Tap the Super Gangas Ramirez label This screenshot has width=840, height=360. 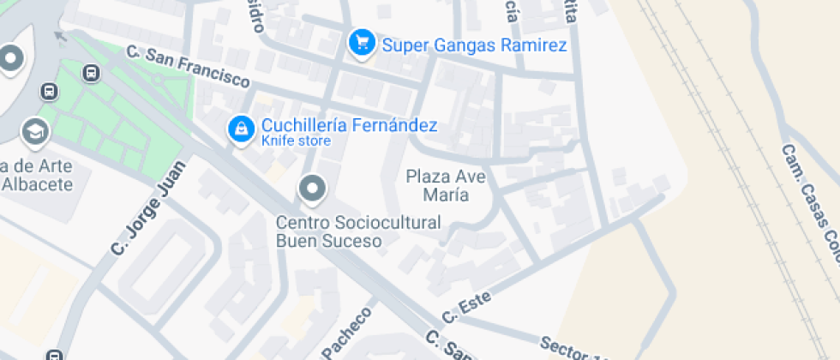tap(474, 45)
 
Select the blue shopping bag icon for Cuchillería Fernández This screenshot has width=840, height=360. tap(243, 129)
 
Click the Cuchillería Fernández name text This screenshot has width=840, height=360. tap(349, 125)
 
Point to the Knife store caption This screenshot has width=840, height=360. tap(296, 141)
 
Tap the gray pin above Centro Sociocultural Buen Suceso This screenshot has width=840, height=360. tap(312, 188)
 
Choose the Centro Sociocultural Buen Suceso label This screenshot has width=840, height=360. tap(357, 231)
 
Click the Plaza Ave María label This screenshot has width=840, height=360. tap(446, 185)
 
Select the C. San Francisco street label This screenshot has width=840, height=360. tap(188, 67)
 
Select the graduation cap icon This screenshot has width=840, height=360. tap(35, 131)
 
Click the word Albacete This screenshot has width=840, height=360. tap(38, 183)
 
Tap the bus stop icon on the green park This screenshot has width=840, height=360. tap(92, 73)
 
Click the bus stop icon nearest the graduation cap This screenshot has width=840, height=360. tap(50, 90)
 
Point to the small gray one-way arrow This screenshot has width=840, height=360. tap(59, 36)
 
